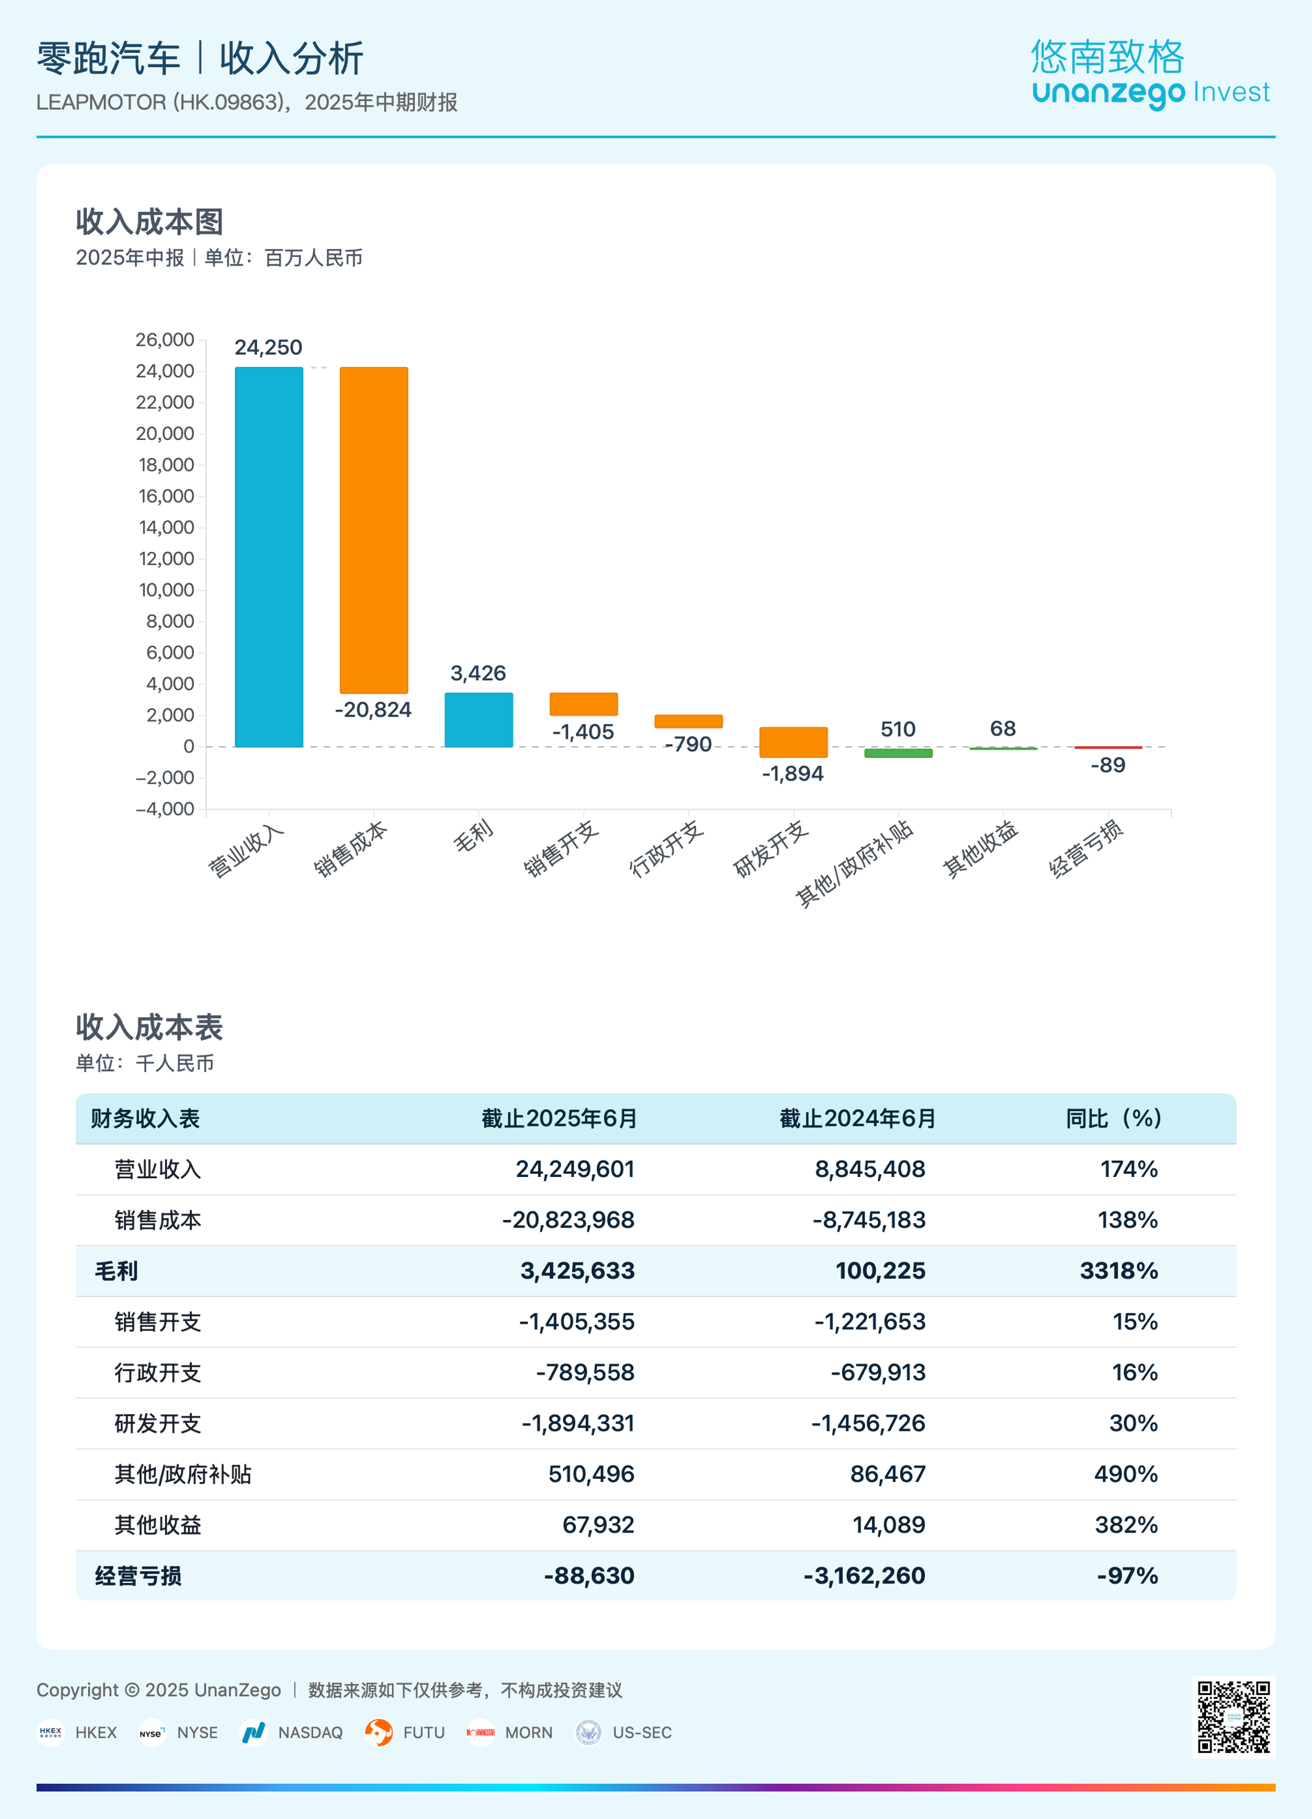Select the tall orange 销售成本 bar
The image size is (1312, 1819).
pos(374,530)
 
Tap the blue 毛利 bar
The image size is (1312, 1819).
pos(478,720)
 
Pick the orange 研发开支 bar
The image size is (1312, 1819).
pos(793,742)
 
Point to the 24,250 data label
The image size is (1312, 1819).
pos(268,348)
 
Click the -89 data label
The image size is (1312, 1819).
pos(1107,765)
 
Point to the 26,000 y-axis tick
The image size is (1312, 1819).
pos(165,340)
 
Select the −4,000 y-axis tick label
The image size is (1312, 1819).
pos(165,808)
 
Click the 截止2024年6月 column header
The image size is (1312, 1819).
pos(857,1118)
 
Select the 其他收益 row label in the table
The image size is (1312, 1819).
pos(157,1524)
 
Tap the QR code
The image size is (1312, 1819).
pos(1233,1716)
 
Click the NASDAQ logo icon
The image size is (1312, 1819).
pos(253,1732)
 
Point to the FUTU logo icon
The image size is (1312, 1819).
pos(379,1732)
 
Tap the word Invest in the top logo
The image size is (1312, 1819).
pos(1231,92)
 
